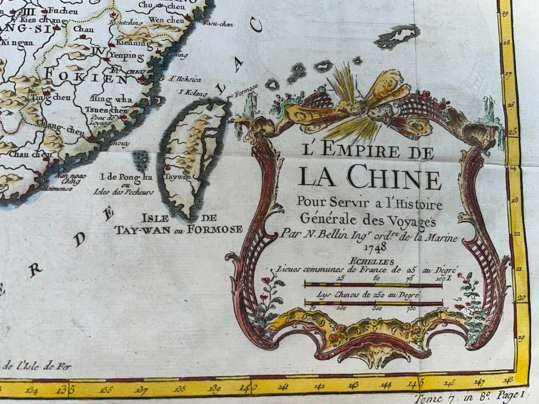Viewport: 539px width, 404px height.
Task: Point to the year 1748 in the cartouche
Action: (x=374, y=247)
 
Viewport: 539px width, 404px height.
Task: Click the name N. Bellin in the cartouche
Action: (x=321, y=237)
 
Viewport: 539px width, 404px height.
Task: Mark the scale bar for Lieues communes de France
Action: (x=373, y=285)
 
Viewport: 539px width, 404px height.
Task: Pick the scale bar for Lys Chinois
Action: (x=373, y=304)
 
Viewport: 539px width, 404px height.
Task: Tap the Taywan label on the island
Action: (x=176, y=176)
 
